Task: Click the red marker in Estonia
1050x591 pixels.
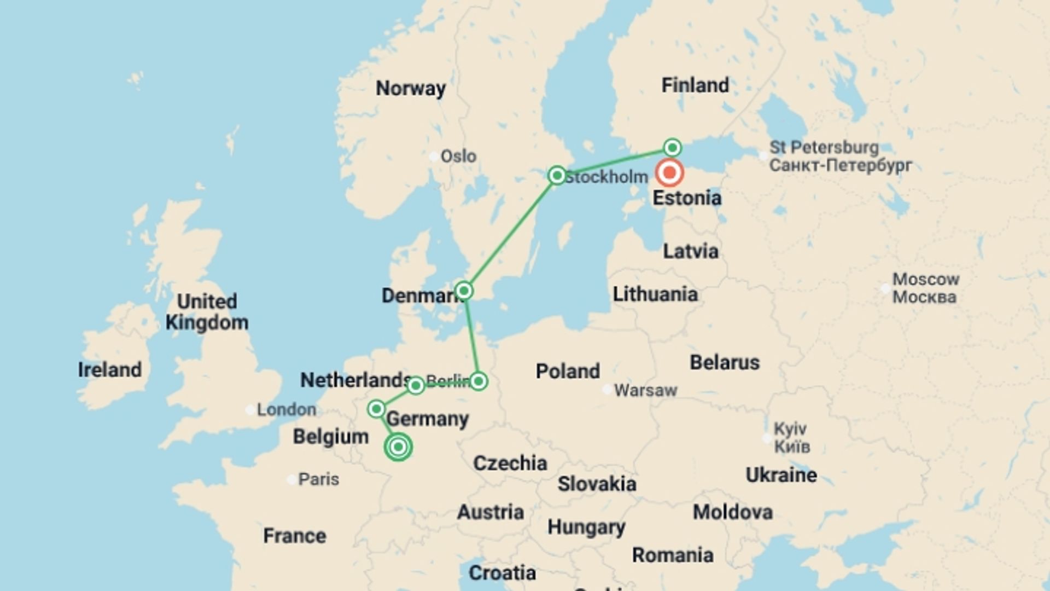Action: click(x=669, y=173)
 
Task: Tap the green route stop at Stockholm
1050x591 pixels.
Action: click(x=557, y=176)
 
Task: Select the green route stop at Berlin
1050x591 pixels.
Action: click(x=479, y=381)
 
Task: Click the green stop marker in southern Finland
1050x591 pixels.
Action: click(x=672, y=148)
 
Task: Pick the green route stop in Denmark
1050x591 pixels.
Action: click(x=464, y=291)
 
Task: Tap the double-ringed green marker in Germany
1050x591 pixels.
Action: click(x=398, y=447)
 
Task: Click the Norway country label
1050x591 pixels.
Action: click(x=411, y=88)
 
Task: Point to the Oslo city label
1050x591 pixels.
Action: click(x=458, y=157)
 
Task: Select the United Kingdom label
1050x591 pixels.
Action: click(x=207, y=312)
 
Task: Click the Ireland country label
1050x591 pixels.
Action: click(x=110, y=370)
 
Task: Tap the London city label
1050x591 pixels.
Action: click(x=286, y=409)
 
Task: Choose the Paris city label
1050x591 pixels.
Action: click(x=318, y=479)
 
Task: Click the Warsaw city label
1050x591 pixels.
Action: click(x=645, y=390)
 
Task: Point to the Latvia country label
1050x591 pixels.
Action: click(x=691, y=252)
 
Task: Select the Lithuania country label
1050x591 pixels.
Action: click(x=655, y=294)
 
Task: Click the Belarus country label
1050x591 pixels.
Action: click(x=725, y=362)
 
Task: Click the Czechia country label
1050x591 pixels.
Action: click(x=510, y=463)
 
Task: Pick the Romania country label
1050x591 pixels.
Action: click(x=673, y=555)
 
